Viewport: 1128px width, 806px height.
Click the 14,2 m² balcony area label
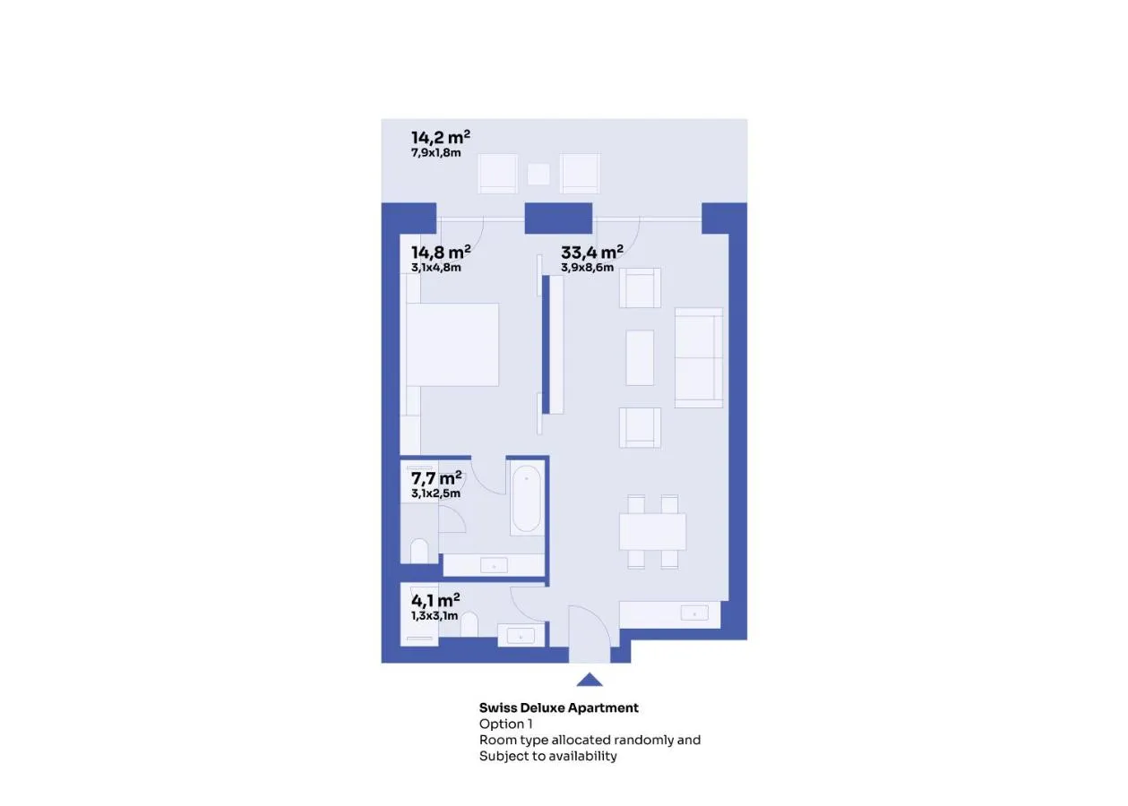(441, 137)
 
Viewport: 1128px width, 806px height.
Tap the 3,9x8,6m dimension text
(587, 268)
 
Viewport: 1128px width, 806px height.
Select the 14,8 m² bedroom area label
(441, 252)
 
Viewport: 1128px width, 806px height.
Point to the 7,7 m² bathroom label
(436, 477)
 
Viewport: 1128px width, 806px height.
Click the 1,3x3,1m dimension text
(435, 616)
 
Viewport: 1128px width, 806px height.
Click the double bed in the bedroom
(452, 345)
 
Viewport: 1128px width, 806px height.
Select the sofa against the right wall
(699, 357)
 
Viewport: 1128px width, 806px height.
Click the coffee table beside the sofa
(640, 357)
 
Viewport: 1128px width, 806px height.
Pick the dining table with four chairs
(652, 532)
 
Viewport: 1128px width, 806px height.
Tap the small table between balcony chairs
(538, 175)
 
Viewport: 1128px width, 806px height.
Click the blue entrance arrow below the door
(590, 679)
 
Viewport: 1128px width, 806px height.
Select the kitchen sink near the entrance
(694, 613)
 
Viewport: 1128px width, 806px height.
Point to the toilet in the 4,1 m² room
(469, 624)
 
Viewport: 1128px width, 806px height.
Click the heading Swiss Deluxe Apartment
(558, 707)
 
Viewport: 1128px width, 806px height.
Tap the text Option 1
(505, 724)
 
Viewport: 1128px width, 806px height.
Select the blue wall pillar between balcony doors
(558, 218)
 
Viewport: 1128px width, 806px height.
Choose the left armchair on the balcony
(497, 174)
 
